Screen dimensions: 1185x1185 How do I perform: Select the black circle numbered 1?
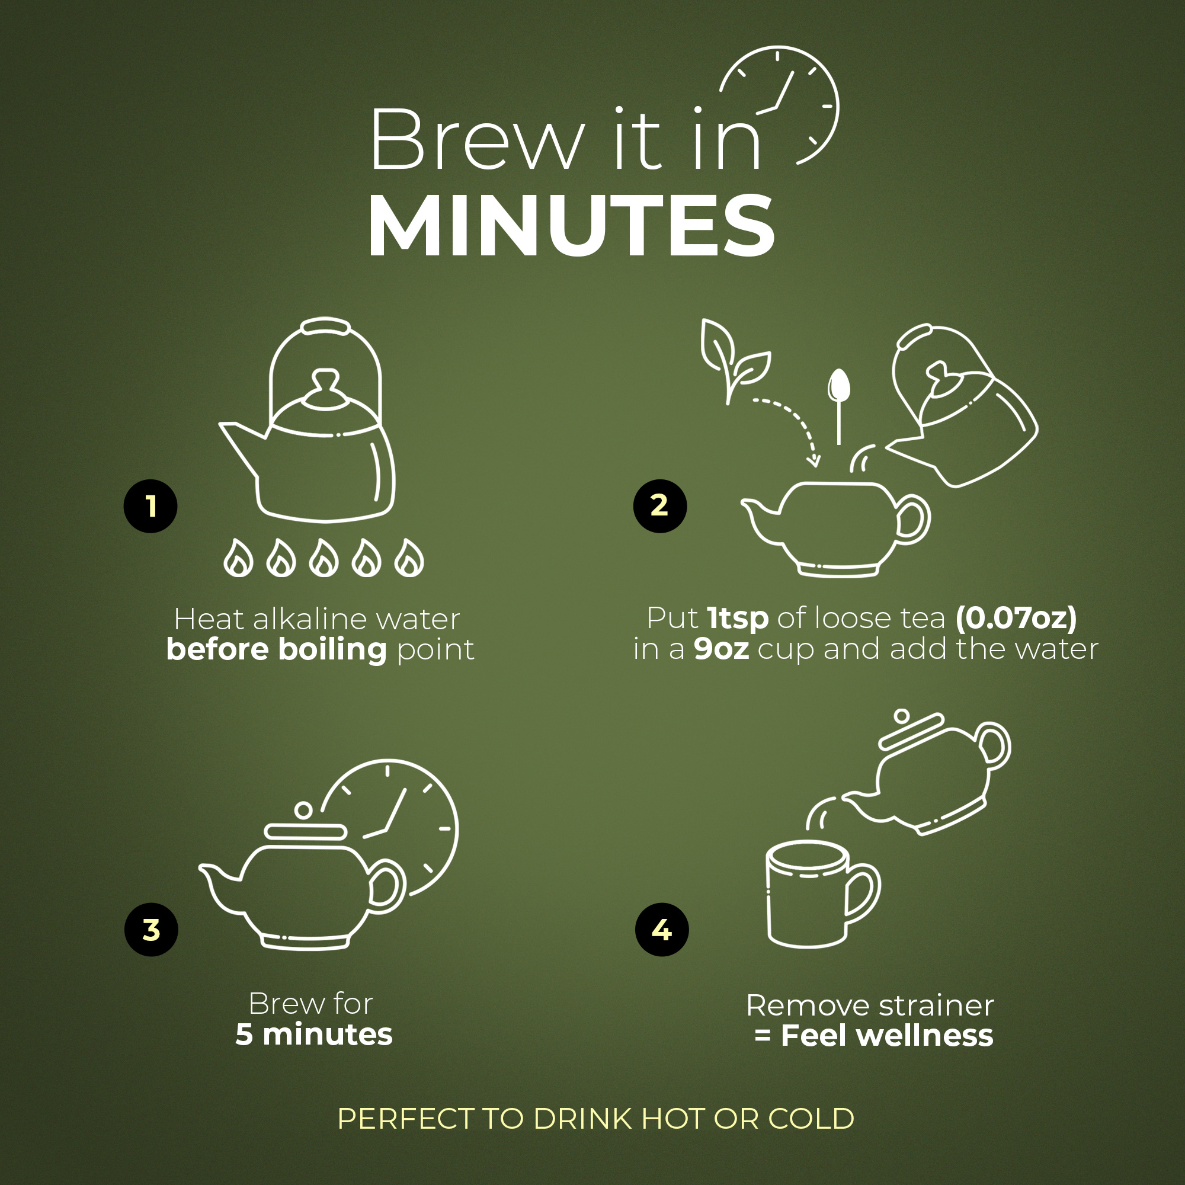click(150, 506)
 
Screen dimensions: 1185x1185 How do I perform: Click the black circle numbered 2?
click(660, 506)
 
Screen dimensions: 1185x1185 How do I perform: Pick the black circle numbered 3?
click(151, 930)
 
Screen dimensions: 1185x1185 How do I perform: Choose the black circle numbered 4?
click(662, 930)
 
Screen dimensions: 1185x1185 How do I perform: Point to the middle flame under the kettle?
click(324, 558)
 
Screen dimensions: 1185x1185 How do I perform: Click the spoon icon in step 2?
click(838, 405)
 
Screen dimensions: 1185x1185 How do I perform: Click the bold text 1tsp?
click(737, 617)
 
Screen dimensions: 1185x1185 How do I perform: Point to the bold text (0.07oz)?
click(1016, 618)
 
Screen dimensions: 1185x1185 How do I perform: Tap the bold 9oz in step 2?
click(721, 649)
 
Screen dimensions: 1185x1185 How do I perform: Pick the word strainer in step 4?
click(936, 1006)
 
